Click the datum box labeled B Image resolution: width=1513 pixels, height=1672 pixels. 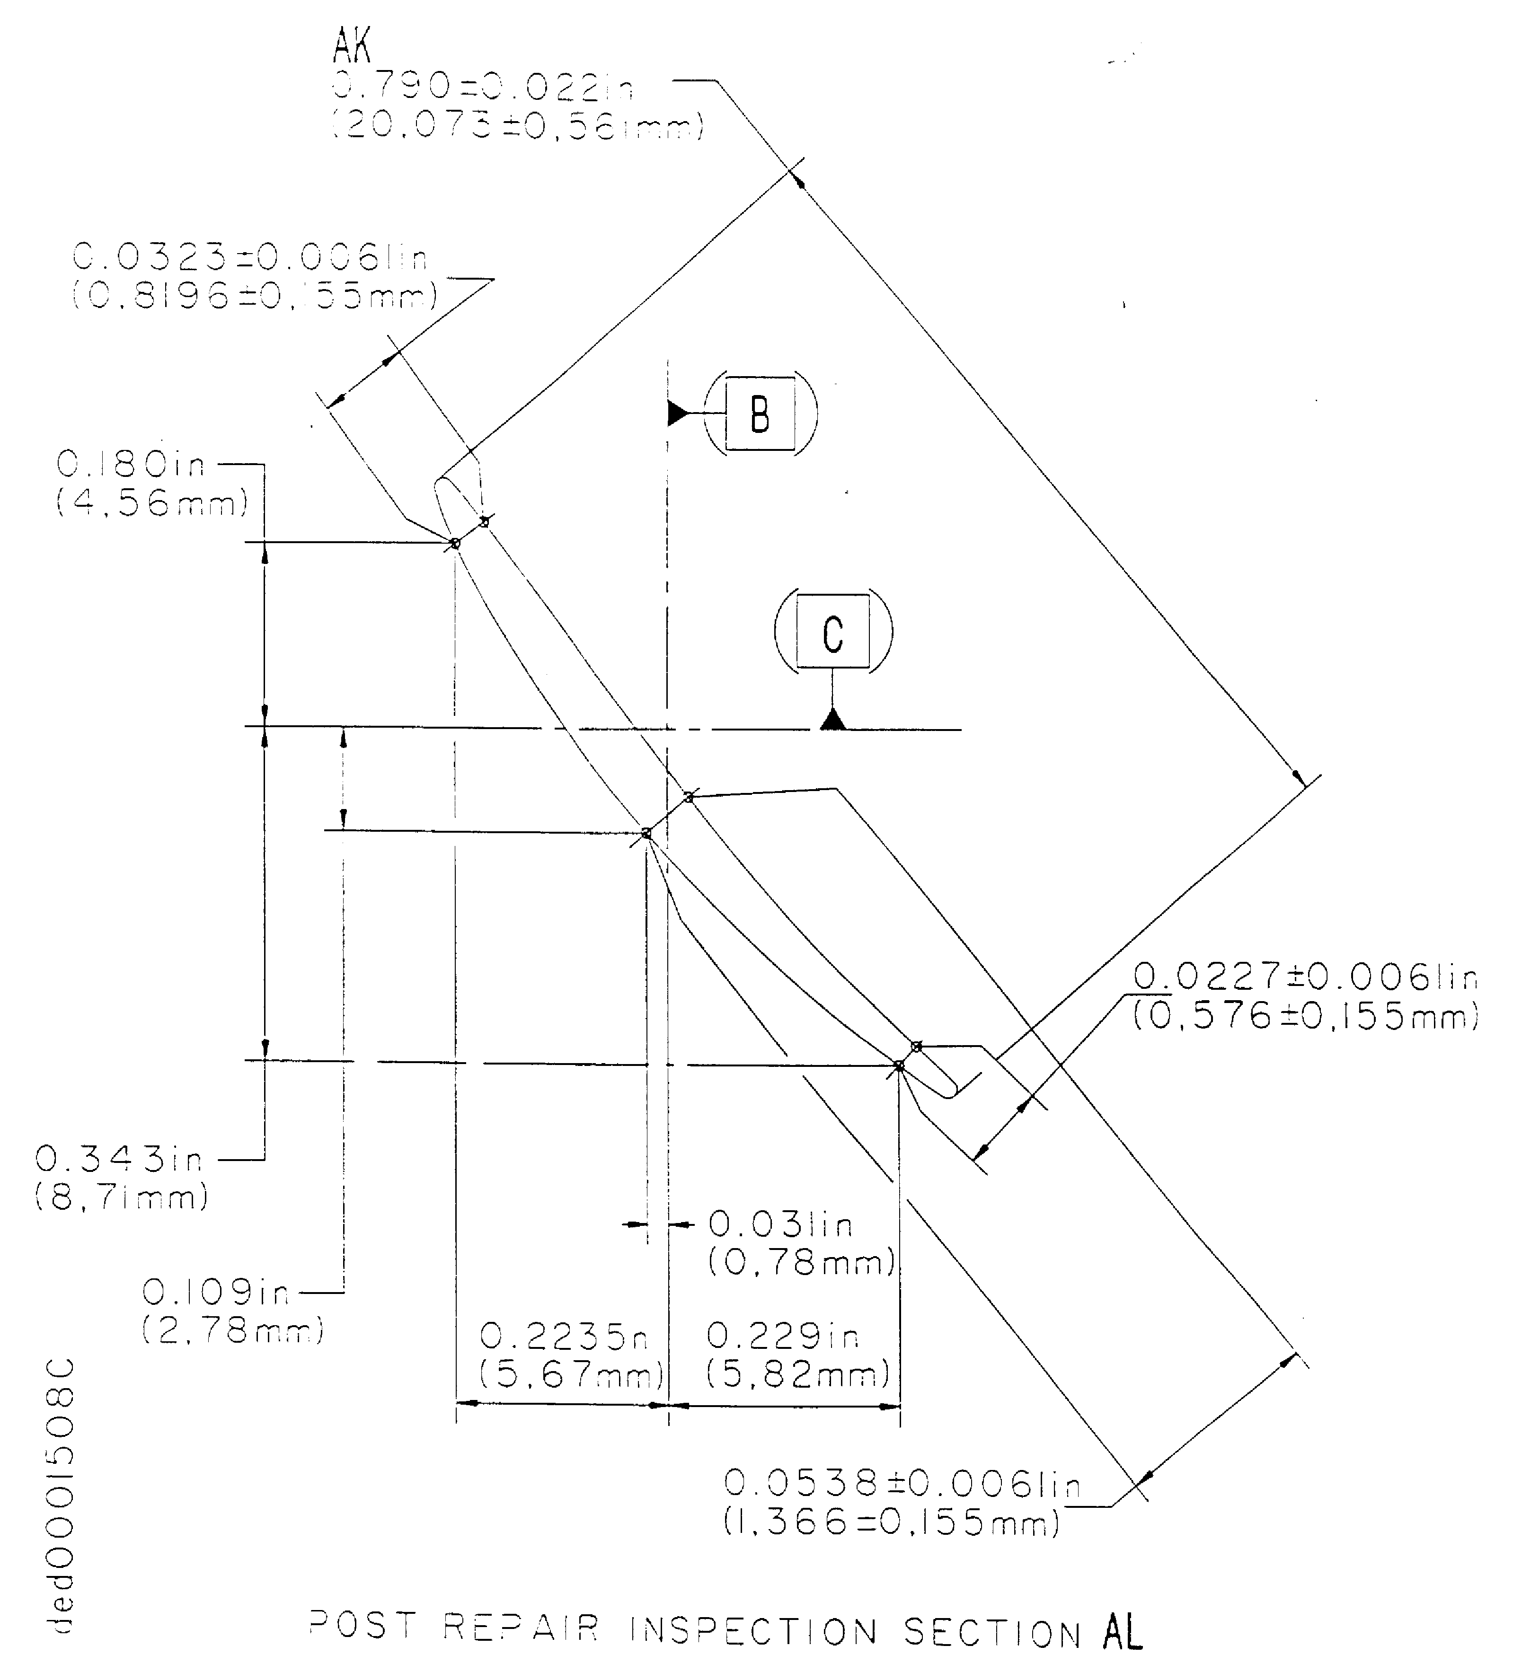click(760, 414)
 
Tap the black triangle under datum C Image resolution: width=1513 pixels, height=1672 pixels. click(833, 719)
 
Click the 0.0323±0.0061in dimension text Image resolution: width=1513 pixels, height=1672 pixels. click(250, 258)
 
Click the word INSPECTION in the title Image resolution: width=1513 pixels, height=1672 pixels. click(753, 1630)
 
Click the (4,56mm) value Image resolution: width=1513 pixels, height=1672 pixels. click(152, 503)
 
